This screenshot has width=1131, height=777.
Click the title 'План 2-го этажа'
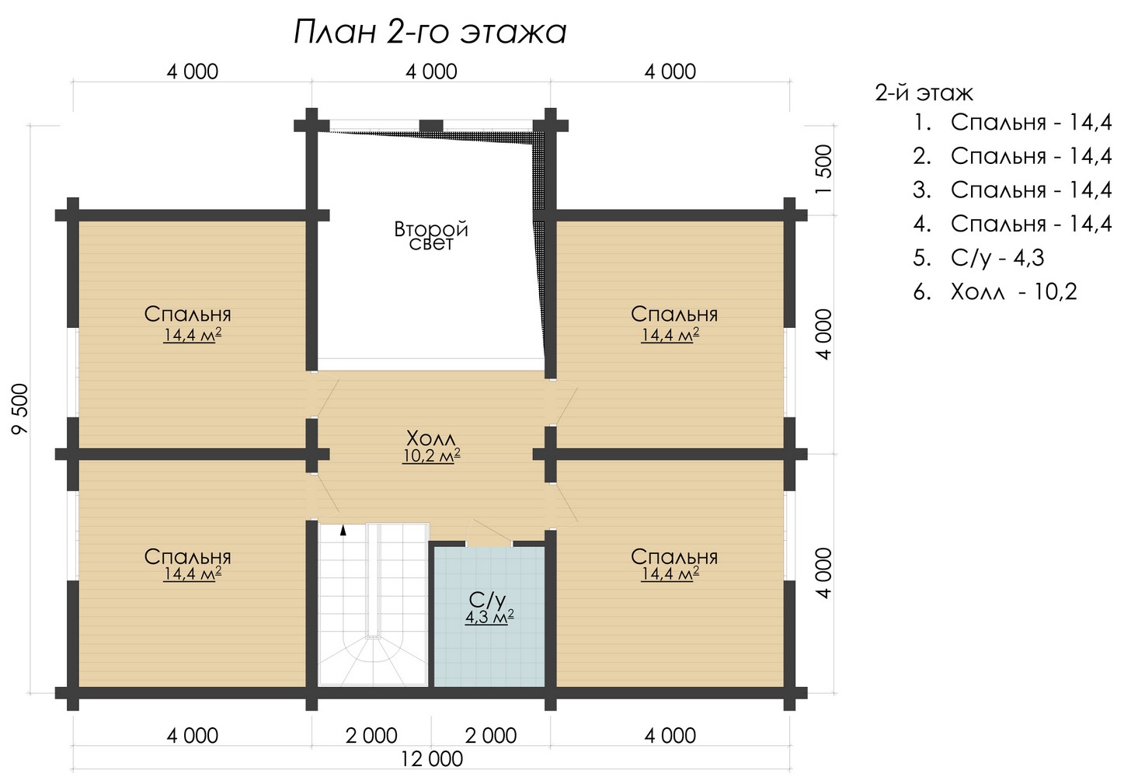(430, 33)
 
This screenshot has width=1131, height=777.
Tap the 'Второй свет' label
(430, 235)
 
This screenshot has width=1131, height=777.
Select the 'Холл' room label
(430, 437)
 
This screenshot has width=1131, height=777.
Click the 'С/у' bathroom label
(487, 600)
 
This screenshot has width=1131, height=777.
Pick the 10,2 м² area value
(431, 455)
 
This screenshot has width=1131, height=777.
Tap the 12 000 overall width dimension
(432, 759)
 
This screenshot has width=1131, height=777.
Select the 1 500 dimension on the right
(823, 169)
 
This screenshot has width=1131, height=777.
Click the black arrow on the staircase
(343, 530)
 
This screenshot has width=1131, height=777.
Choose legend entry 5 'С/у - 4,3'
(978, 258)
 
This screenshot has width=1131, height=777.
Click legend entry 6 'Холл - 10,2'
(994, 292)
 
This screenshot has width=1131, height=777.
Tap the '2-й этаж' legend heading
(924, 93)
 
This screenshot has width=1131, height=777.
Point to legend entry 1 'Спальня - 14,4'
(1012, 123)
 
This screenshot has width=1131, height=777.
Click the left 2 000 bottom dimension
(371, 736)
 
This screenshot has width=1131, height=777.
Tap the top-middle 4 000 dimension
(431, 71)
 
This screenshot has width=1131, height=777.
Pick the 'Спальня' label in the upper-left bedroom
(187, 314)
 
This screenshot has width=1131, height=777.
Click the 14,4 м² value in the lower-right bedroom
(670, 573)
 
